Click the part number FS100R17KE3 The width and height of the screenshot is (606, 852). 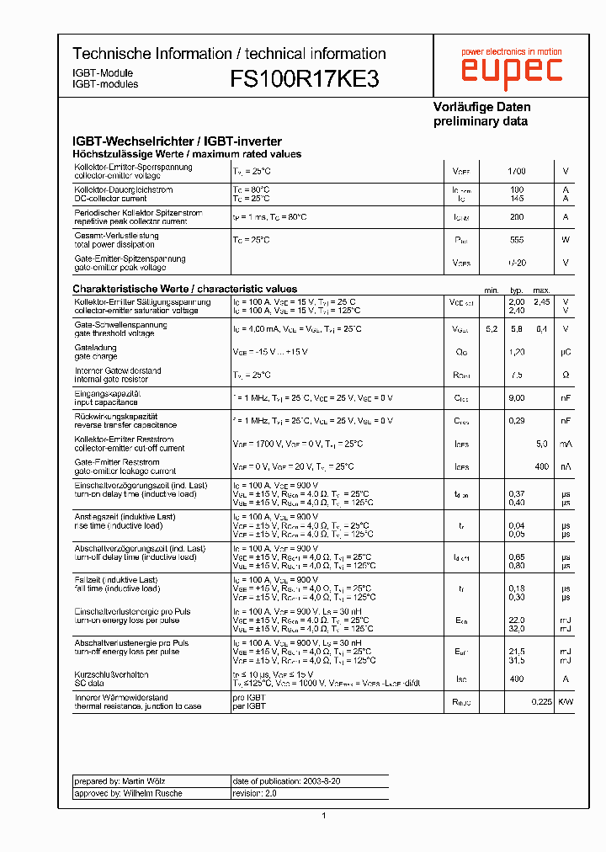[x=304, y=79]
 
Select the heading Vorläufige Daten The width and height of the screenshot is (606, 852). [x=481, y=107]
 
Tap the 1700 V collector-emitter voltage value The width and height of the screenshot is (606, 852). [x=517, y=171]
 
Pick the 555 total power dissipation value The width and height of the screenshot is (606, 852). [x=517, y=240]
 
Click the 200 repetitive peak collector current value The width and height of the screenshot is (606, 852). [x=517, y=217]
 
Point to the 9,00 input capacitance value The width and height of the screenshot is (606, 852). [x=517, y=397]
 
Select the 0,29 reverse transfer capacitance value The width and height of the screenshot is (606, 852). [x=517, y=420]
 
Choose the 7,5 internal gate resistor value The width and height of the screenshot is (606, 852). [x=517, y=375]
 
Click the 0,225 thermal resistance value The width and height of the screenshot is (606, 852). [x=541, y=701]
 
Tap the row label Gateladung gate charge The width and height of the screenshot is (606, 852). [x=96, y=352]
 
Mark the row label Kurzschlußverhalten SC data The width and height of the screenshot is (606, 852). [x=111, y=679]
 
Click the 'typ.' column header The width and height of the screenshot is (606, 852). [x=517, y=290]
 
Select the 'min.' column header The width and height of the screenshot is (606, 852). [x=492, y=290]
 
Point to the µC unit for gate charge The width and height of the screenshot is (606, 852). [x=566, y=352]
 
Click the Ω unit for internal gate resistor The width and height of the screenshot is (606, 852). [x=566, y=375]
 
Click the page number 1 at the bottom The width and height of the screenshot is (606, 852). [x=324, y=815]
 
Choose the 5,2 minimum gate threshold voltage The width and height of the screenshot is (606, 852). [x=492, y=328]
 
